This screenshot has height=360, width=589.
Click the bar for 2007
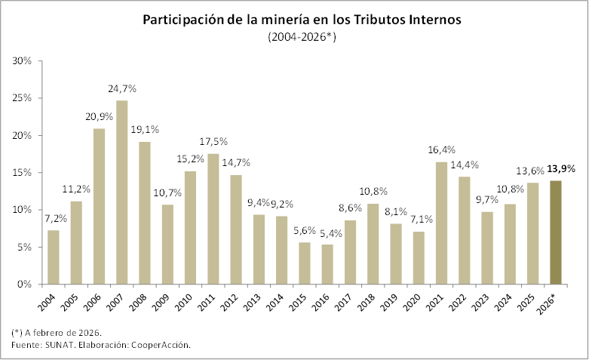(x=122, y=192)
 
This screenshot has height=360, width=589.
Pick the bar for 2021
(x=442, y=223)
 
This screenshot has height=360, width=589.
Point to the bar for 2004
(x=54, y=257)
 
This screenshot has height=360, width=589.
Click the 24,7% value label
(x=122, y=89)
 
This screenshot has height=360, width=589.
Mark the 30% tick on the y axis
(x=23, y=60)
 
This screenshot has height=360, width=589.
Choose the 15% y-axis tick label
(x=23, y=172)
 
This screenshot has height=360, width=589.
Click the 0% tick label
(x=26, y=285)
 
